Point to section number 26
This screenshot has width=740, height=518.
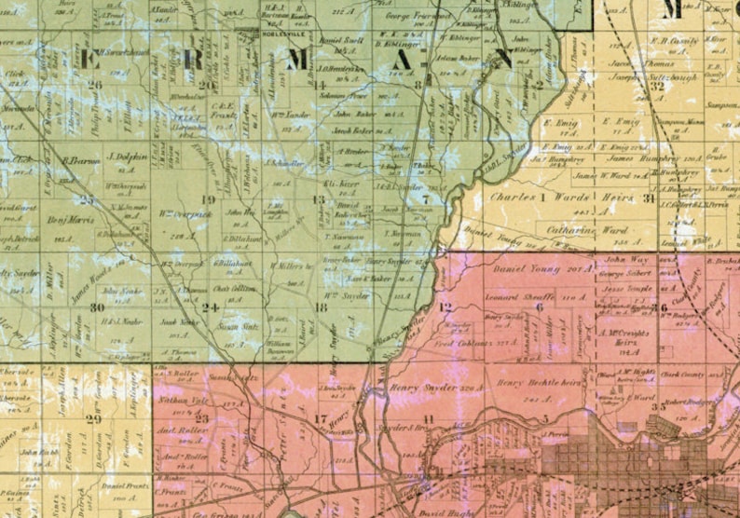coord(94,84)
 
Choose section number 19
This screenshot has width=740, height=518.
coord(208,199)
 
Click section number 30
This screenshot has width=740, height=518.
coord(97,307)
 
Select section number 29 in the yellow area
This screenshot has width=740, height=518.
coord(93,418)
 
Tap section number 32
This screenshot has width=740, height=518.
coord(657,85)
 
